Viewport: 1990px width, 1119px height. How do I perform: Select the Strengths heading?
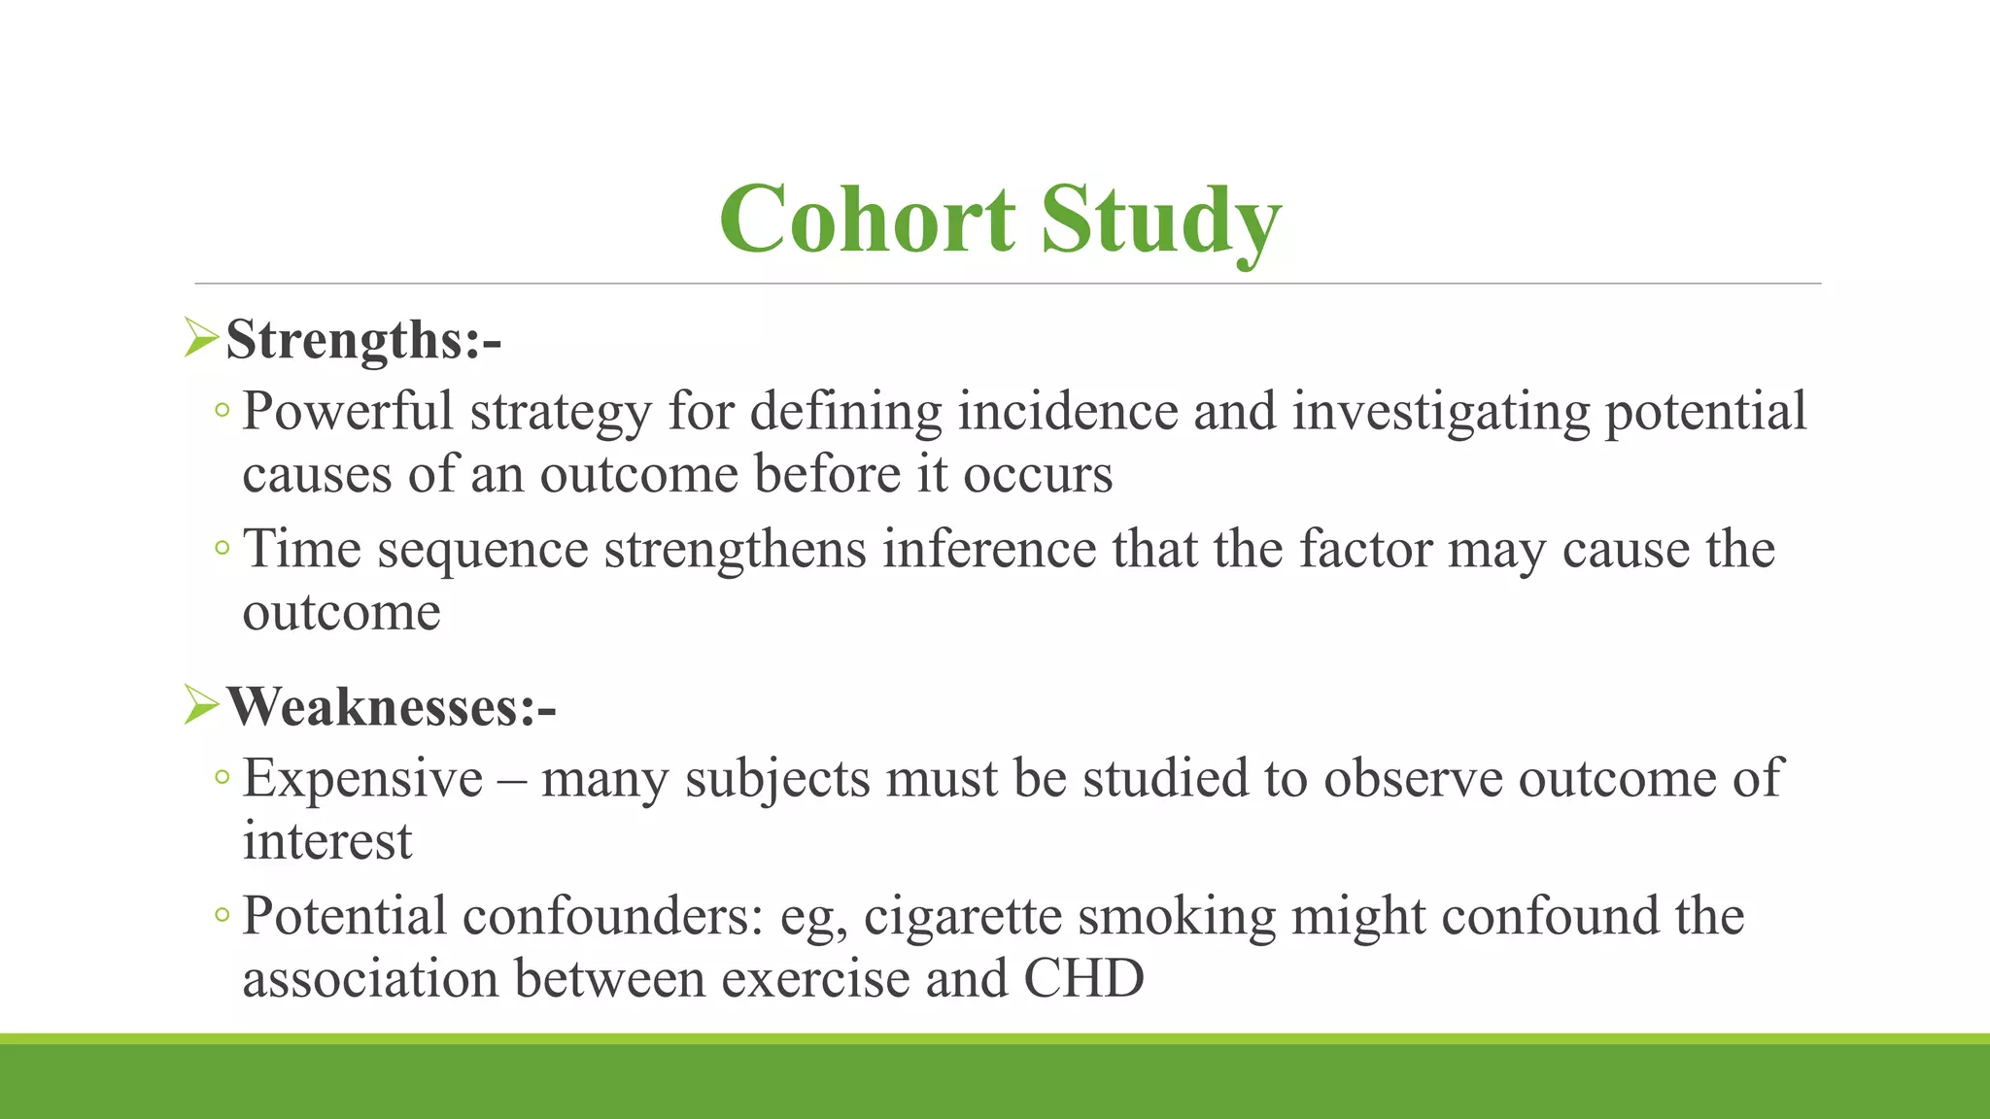(363, 341)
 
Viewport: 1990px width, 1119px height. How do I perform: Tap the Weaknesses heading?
(391, 706)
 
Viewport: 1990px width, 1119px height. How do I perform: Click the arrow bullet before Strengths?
(200, 339)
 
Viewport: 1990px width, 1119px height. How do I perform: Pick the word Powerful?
(347, 411)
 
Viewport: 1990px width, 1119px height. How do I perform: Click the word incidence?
(1068, 411)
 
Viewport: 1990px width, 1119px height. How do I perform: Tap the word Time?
(301, 549)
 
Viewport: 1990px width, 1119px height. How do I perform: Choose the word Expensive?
(362, 778)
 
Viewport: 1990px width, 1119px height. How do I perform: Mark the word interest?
(327, 841)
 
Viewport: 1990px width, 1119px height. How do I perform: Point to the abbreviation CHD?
(1083, 978)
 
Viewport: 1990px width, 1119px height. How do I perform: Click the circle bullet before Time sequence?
(223, 550)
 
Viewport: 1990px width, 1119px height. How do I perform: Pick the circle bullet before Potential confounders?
(223, 916)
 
